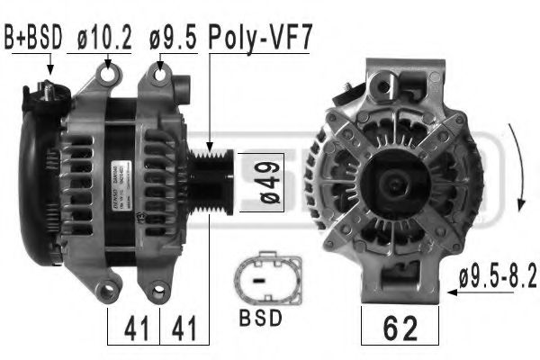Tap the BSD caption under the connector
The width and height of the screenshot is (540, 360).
pyautogui.click(x=260, y=318)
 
